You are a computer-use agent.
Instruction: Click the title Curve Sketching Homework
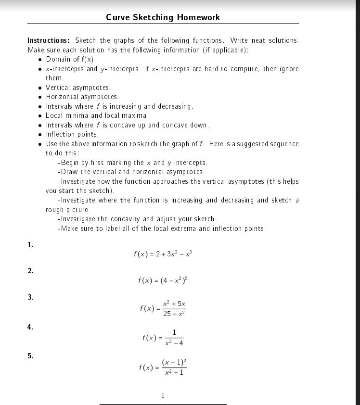pyautogui.click(x=163, y=17)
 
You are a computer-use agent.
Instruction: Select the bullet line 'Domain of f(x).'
pyautogui.click(x=71, y=59)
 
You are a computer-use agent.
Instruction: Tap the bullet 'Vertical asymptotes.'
pyautogui.click(x=78, y=88)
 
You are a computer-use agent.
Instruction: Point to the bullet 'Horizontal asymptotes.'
pyautogui.click(x=82, y=97)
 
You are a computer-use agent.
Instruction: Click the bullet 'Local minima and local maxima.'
pyautogui.click(x=97, y=115)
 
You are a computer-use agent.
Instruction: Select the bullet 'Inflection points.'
pyautogui.click(x=72, y=134)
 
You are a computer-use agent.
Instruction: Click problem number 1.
pyautogui.click(x=30, y=245)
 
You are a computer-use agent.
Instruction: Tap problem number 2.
pyautogui.click(x=30, y=271)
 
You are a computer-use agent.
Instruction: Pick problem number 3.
pyautogui.click(x=30, y=297)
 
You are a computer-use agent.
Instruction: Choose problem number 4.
pyautogui.click(x=30, y=327)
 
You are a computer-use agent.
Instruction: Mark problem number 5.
pyautogui.click(x=30, y=356)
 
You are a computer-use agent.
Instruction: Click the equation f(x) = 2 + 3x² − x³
pyautogui.click(x=163, y=254)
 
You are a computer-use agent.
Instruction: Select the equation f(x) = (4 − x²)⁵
pyautogui.click(x=163, y=280)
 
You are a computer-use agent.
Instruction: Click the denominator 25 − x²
pyautogui.click(x=174, y=314)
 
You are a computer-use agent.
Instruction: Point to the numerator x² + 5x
pyautogui.click(x=174, y=304)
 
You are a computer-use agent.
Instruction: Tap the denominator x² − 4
pyautogui.click(x=174, y=343)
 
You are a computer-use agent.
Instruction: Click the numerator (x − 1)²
pyautogui.click(x=174, y=362)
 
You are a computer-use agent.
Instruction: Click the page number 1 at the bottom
pyautogui.click(x=163, y=396)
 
